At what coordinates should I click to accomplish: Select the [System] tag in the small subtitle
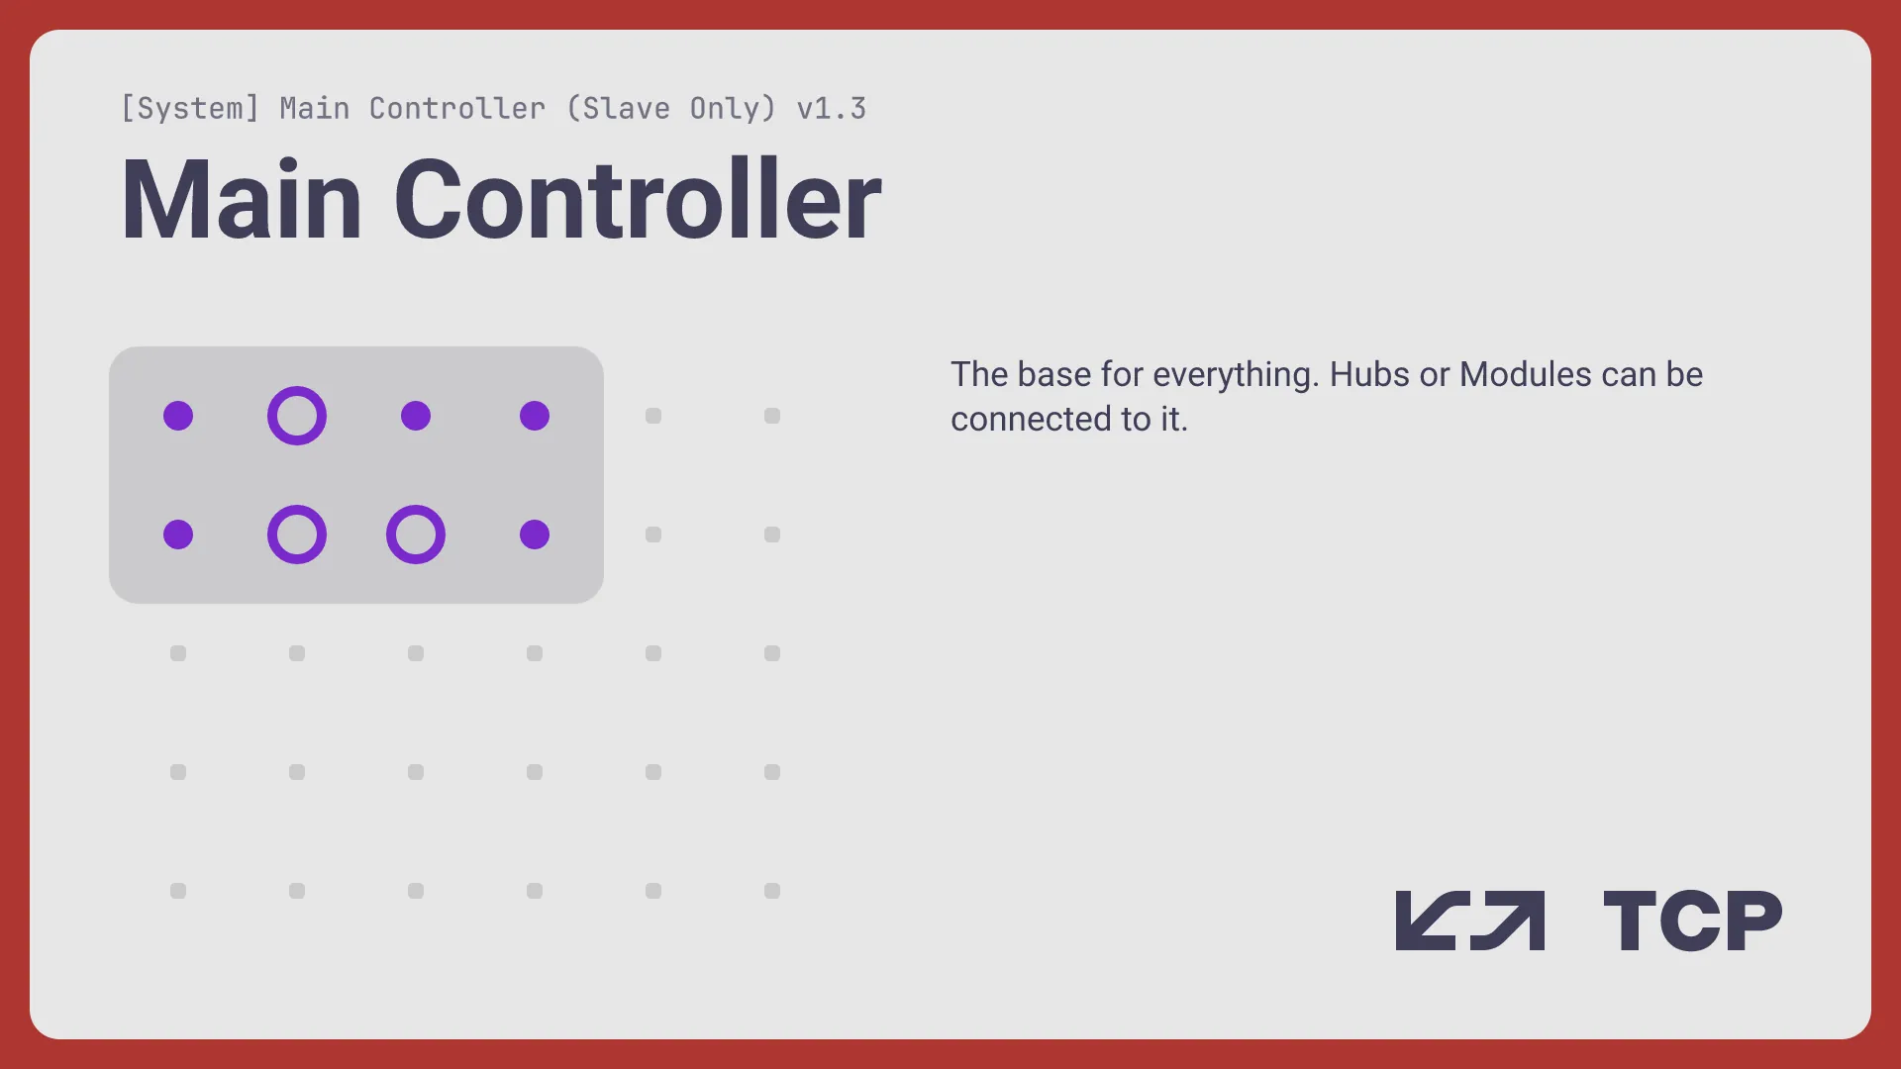coord(190,108)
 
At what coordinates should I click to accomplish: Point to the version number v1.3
coord(832,108)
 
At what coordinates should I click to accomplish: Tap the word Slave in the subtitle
coord(618,108)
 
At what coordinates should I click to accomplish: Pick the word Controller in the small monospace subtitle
coord(456,108)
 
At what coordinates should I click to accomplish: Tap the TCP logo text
coord(1692,921)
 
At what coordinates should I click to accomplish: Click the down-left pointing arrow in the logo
coord(1433,921)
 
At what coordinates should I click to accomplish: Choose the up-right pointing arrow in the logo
coord(1508,921)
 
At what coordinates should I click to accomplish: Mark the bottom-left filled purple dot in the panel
coord(178,534)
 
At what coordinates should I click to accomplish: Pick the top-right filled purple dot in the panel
coord(535,416)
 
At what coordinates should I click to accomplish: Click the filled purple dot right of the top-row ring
coord(416,416)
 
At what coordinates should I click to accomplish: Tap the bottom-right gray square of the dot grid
coord(772,891)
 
